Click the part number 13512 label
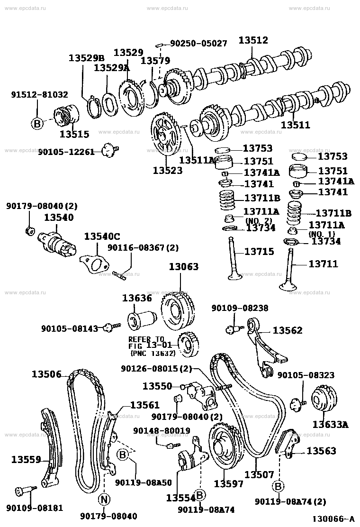[x=253, y=41]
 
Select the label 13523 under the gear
[x=168, y=170]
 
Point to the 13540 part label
[x=59, y=218]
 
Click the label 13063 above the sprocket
[x=184, y=267]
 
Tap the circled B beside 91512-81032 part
[x=37, y=123]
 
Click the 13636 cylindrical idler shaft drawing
[x=142, y=320]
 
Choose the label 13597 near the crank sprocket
[x=229, y=483]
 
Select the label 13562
[x=287, y=330]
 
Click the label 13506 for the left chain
[x=46, y=374]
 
